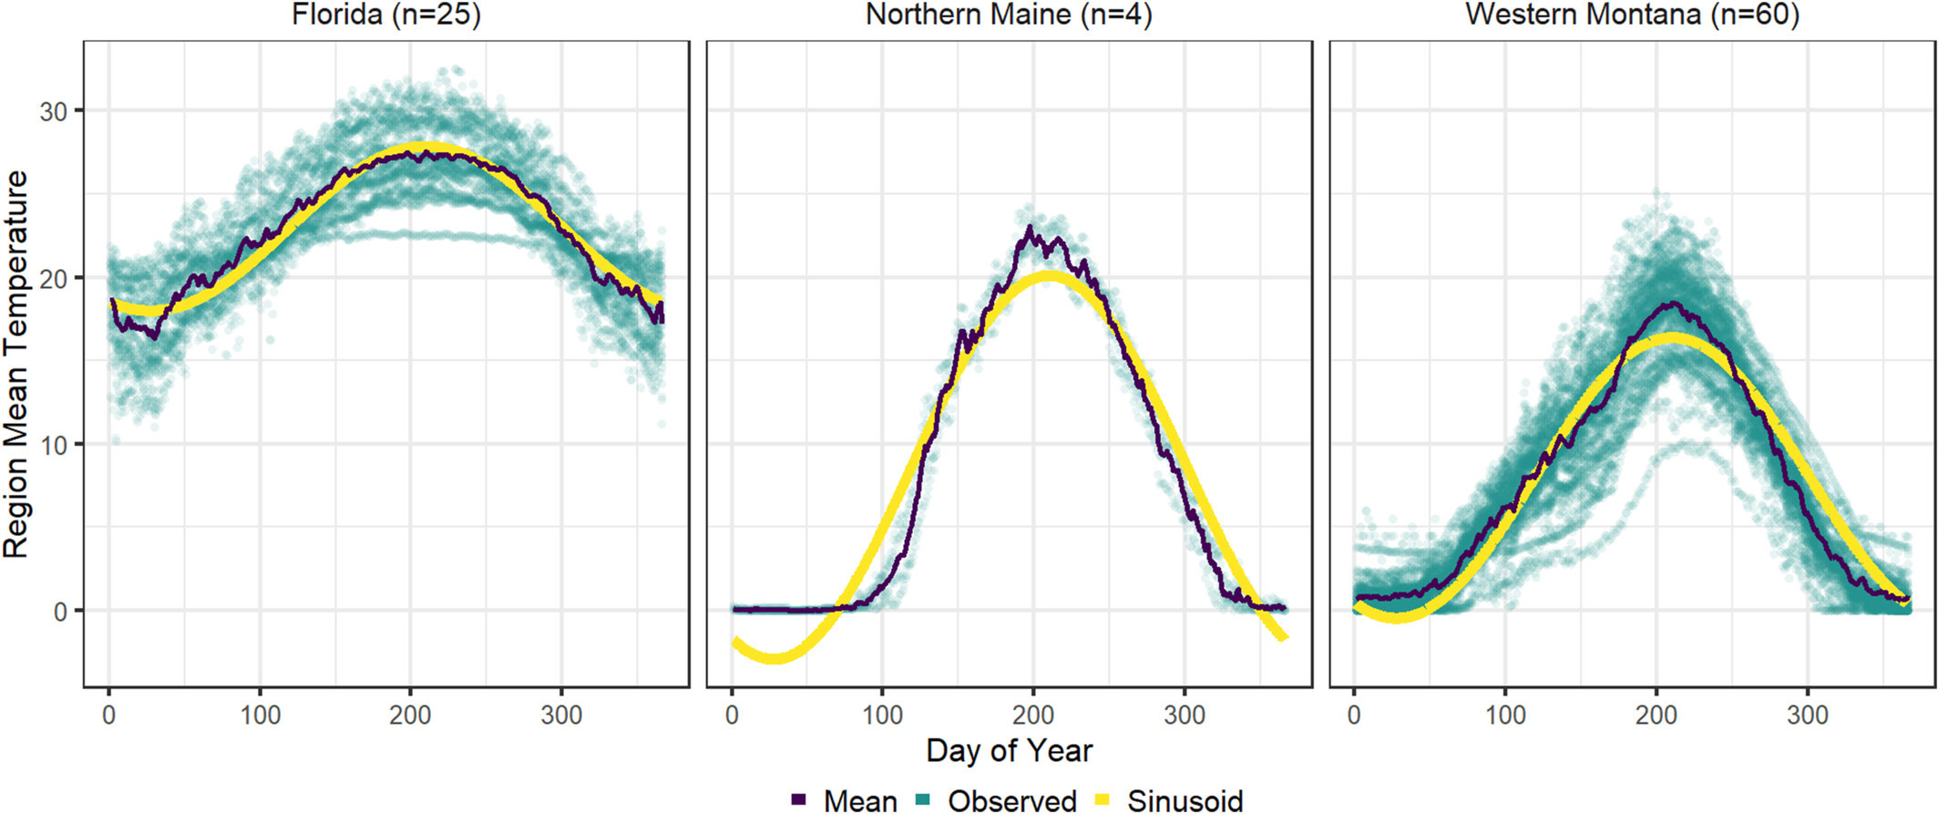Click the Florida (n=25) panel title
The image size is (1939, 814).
tap(385, 15)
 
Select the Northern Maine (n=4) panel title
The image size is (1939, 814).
tap(1009, 15)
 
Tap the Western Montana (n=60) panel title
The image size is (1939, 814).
tap(1632, 15)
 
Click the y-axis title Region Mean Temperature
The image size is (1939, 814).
tap(16, 364)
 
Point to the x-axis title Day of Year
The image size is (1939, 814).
tap(1009, 750)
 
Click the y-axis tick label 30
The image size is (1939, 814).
tap(54, 111)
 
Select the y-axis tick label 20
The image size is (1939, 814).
tap(54, 278)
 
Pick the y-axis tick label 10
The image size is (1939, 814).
tap(54, 445)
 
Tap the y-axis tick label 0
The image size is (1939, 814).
tap(61, 612)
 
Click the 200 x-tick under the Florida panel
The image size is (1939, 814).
tap(410, 715)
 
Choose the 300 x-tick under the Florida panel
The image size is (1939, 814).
tap(561, 715)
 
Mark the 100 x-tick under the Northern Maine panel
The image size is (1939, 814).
tap(882, 715)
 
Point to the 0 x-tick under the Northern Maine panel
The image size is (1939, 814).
tap(732, 715)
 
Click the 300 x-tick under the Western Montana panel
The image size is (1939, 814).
tap(1807, 715)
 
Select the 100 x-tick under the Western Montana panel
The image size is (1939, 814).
tap(1505, 715)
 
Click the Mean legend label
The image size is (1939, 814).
tap(860, 800)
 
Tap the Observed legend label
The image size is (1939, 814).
tap(1011, 800)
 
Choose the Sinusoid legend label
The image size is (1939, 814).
tap(1185, 800)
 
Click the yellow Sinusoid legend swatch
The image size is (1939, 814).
tap(1103, 799)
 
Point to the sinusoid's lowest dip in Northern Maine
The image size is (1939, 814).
tap(773, 657)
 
